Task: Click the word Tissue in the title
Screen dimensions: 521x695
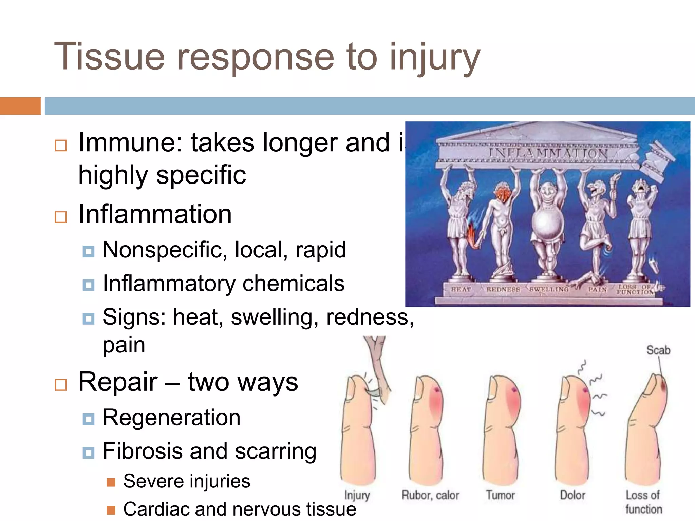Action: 109,57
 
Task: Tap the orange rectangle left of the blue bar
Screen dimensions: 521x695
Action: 20,106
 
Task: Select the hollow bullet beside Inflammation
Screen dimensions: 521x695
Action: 61,217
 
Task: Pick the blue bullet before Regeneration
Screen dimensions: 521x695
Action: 89,419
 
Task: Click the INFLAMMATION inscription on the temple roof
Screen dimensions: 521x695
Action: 548,153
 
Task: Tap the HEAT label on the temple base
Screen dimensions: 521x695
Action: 461,289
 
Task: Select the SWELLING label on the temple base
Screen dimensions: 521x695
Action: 549,289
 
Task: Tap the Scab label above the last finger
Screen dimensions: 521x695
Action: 658,350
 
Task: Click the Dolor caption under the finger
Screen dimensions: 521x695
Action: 572,495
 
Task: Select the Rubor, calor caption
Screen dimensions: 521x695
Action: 430,495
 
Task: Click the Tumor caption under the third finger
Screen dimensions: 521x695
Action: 500,495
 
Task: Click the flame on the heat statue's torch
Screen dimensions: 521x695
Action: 472,234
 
